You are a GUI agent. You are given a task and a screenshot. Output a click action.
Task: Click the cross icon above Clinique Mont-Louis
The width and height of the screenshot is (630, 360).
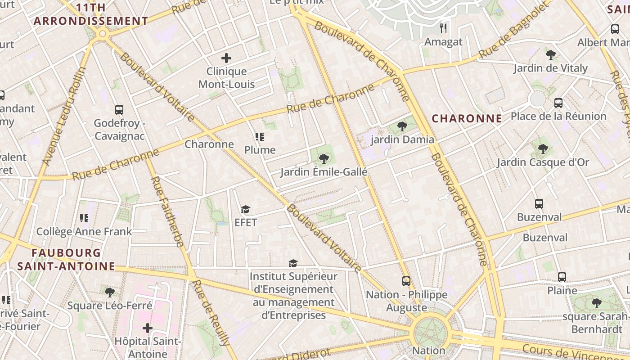click(x=226, y=58)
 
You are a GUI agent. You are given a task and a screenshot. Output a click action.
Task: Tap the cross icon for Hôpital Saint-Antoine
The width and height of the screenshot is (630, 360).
click(x=147, y=328)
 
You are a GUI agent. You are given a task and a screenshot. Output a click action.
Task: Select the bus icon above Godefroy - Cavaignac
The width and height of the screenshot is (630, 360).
click(x=119, y=109)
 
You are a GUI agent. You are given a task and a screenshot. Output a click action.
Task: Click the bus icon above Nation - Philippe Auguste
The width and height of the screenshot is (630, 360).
click(x=406, y=281)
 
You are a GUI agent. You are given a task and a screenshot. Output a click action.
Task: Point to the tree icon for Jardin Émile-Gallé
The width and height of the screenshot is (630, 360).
click(x=324, y=158)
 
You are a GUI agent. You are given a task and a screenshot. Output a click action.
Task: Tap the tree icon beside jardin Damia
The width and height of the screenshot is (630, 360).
click(x=402, y=126)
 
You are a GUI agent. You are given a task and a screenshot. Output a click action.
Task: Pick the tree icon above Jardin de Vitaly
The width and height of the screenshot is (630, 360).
click(x=550, y=55)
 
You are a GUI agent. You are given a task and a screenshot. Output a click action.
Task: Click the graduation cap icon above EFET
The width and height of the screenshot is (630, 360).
click(x=245, y=209)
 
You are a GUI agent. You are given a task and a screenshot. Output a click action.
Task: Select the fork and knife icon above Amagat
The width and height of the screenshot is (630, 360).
click(x=444, y=28)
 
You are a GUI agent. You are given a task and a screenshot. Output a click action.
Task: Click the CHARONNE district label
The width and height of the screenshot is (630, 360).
click(x=467, y=118)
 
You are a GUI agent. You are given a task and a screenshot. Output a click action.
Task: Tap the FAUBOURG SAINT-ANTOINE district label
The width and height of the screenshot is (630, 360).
click(x=66, y=259)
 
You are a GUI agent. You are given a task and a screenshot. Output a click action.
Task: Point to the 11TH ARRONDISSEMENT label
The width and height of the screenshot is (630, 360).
click(x=91, y=14)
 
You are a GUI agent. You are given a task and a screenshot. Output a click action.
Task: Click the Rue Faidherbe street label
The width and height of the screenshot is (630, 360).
click(x=167, y=211)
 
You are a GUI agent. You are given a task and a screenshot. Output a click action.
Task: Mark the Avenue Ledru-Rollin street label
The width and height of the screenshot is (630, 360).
click(x=63, y=117)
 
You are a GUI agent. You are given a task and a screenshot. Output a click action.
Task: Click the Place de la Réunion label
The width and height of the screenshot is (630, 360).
click(x=558, y=116)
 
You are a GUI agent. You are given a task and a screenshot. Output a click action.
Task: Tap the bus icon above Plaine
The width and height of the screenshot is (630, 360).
click(x=562, y=277)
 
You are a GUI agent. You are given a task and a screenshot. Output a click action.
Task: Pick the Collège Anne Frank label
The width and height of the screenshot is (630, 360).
click(x=84, y=231)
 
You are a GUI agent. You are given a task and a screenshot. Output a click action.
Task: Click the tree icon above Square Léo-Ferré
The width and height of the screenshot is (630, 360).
click(x=109, y=292)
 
